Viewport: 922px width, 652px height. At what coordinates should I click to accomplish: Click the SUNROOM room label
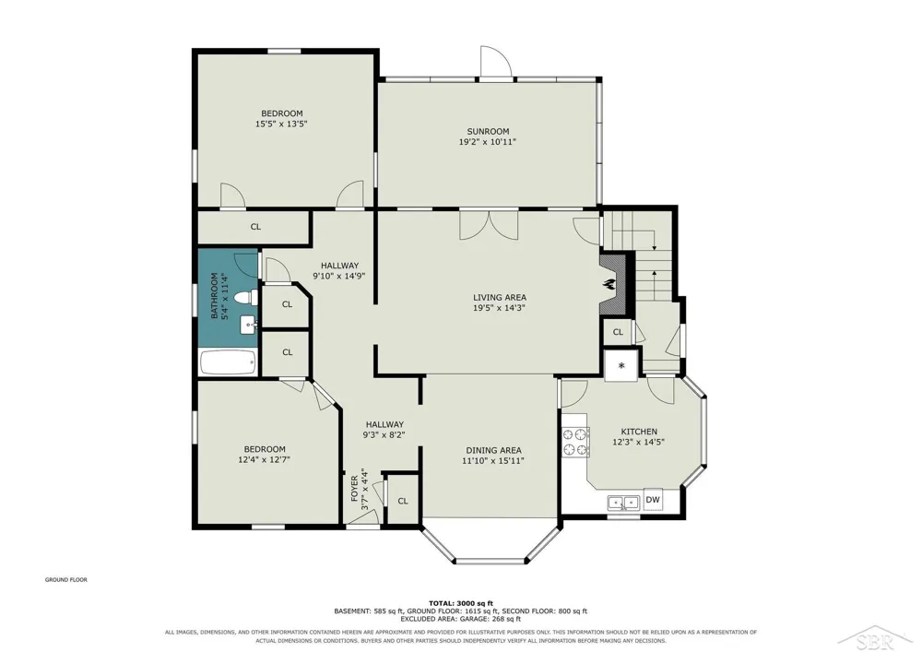488,132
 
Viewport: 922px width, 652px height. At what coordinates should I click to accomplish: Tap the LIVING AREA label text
499,298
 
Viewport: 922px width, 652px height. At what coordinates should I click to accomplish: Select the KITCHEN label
639,432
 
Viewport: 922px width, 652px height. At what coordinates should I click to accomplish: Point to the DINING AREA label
493,450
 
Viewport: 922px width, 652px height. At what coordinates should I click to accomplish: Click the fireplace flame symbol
608,285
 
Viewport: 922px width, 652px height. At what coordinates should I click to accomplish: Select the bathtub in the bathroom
228,362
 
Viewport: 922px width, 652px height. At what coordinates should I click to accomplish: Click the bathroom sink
249,325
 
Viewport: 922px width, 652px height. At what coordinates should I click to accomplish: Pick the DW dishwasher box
653,500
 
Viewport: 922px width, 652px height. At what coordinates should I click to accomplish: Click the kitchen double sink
623,504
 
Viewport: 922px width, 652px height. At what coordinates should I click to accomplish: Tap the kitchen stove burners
575,443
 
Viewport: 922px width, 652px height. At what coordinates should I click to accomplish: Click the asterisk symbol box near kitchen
621,366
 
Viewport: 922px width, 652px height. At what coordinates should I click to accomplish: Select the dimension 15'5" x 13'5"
281,124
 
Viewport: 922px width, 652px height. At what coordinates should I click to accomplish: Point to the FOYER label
355,488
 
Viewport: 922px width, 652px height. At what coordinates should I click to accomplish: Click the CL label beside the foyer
403,501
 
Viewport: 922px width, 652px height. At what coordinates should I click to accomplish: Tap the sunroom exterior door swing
494,61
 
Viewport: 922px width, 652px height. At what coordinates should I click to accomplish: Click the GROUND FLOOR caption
66,580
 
